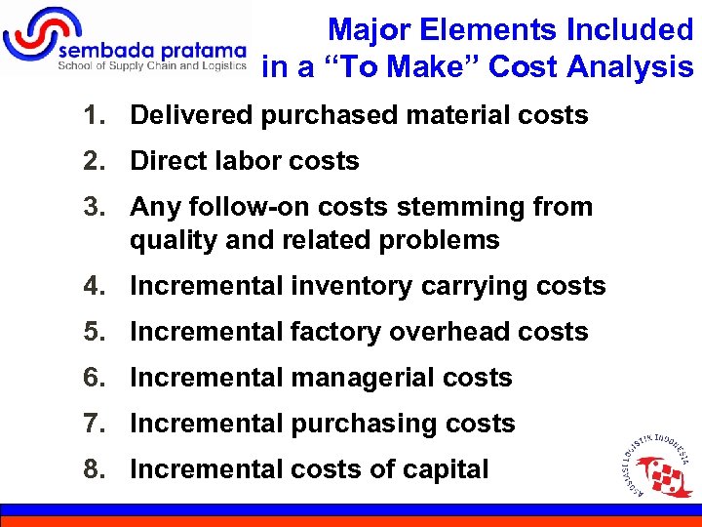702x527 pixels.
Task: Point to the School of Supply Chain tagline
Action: pos(151,66)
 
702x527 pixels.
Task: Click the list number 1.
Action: pos(92,115)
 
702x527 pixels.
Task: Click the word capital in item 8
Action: pos(445,469)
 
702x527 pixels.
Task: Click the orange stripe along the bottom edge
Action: pos(351,521)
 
